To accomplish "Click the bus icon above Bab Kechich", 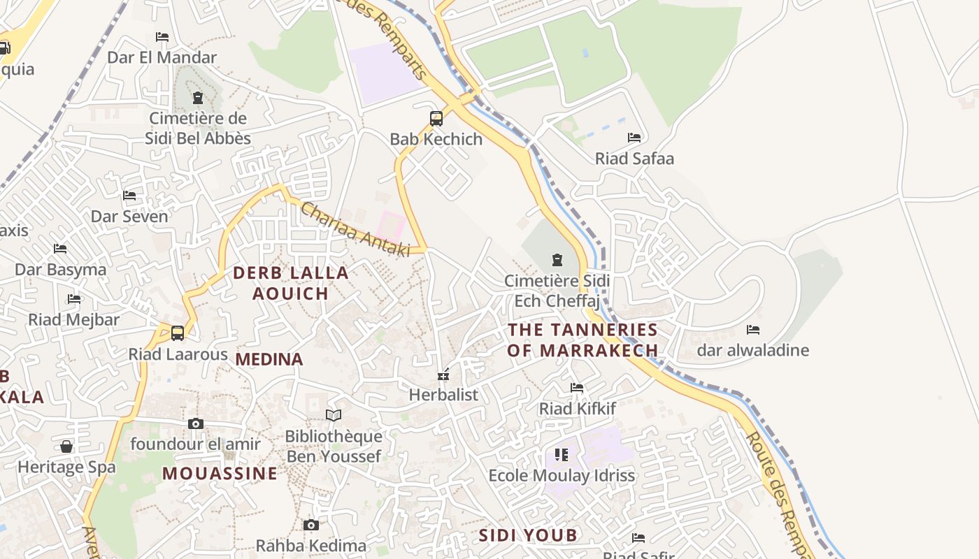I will [436, 119].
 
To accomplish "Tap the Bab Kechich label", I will [436, 139].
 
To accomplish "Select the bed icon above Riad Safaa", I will [634, 138].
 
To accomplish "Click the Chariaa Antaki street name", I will [355, 230].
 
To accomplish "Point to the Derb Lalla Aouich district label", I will [290, 283].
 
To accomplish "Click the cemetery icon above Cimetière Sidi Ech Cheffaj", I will [557, 261].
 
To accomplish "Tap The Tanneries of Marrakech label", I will [583, 340].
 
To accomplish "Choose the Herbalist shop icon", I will [443, 375].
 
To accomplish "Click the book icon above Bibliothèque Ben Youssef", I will [334, 416].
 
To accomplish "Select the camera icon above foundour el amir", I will [196, 423].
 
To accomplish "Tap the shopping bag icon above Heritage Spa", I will [66, 446].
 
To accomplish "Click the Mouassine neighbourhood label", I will [220, 474].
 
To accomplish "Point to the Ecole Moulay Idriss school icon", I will [561, 456].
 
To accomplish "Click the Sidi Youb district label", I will [528, 536].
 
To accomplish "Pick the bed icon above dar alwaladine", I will [753, 330].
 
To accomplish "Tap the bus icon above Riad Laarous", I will [178, 333].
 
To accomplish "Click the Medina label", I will [269, 360].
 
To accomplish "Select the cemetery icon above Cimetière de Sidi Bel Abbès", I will [197, 98].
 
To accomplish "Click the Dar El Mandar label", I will [162, 57].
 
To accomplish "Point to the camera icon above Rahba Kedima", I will [311, 525].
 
